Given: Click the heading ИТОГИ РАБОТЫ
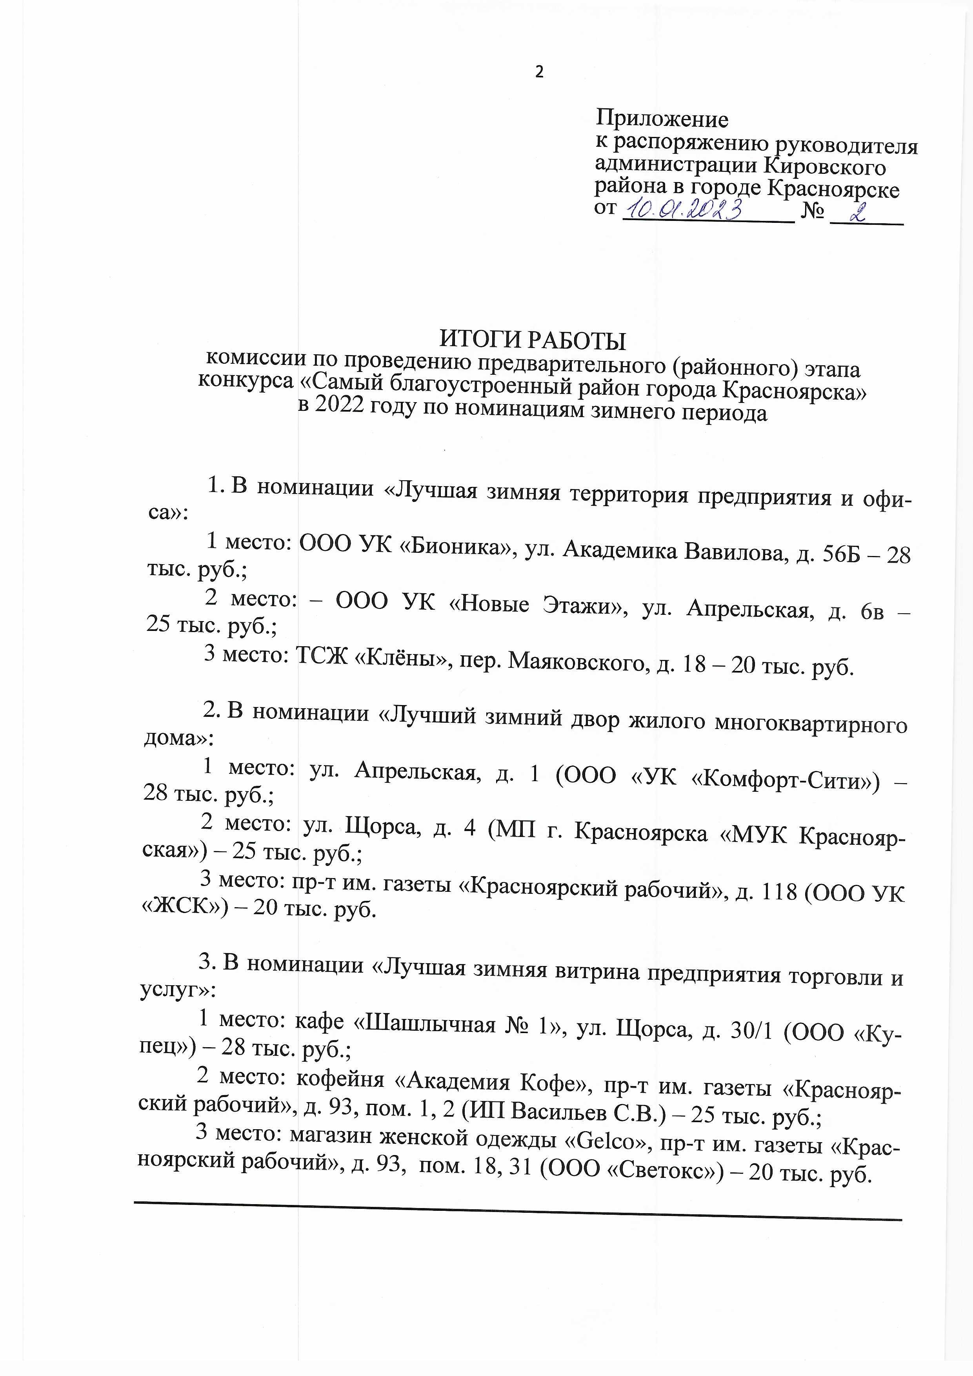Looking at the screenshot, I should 533,341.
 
